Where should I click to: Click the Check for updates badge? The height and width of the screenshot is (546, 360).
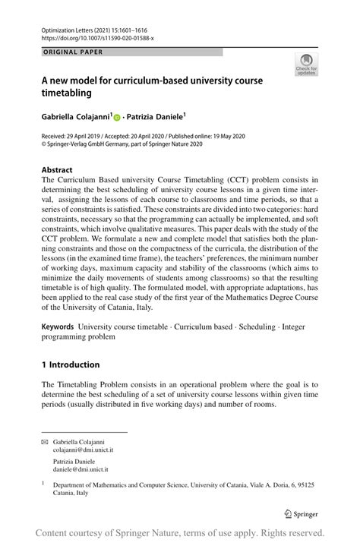[306, 65]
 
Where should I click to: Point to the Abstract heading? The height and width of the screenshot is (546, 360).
[58, 170]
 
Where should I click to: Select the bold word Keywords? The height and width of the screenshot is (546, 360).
[62, 325]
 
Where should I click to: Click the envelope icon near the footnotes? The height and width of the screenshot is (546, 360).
[45, 441]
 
